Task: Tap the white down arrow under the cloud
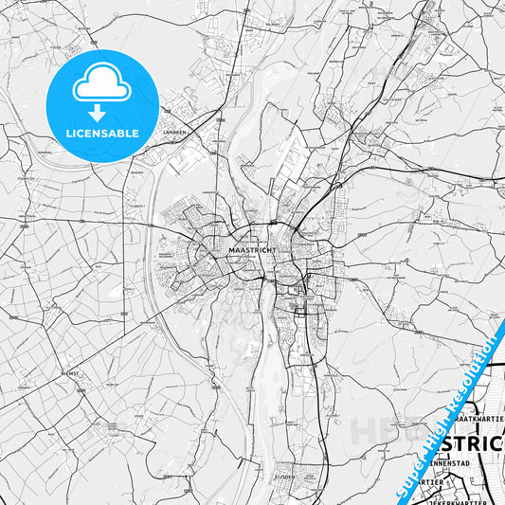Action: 102,113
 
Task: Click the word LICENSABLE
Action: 102,134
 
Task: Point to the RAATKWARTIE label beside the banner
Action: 478,418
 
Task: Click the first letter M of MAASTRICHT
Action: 231,249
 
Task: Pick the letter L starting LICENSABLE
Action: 69,134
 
